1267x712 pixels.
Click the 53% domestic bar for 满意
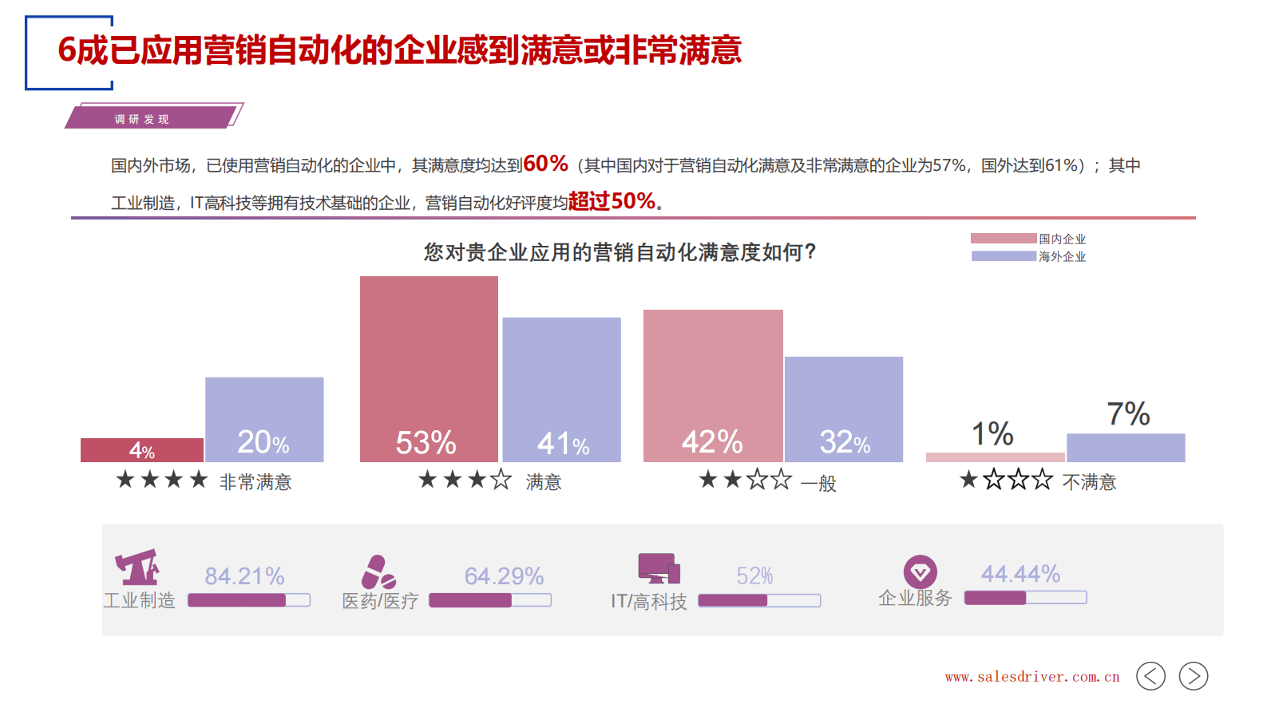click(429, 369)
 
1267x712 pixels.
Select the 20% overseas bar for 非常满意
click(264, 419)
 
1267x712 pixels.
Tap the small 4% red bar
click(142, 450)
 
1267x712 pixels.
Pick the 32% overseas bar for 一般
click(844, 409)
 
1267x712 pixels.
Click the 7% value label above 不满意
click(1127, 414)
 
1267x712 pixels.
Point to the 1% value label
click(992, 434)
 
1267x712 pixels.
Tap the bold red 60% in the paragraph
click(545, 164)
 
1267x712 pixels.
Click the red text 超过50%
click(612, 201)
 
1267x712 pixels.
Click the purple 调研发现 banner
click(152, 118)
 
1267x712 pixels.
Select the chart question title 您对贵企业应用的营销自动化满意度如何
click(620, 252)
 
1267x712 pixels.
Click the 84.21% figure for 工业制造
click(244, 576)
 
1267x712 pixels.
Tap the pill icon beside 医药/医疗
click(378, 572)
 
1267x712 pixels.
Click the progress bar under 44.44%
click(1025, 598)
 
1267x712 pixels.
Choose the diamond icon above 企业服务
click(920, 572)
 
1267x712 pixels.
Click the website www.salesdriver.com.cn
click(1031, 677)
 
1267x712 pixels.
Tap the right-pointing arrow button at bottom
click(1193, 676)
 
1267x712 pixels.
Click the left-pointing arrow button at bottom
click(1150, 676)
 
